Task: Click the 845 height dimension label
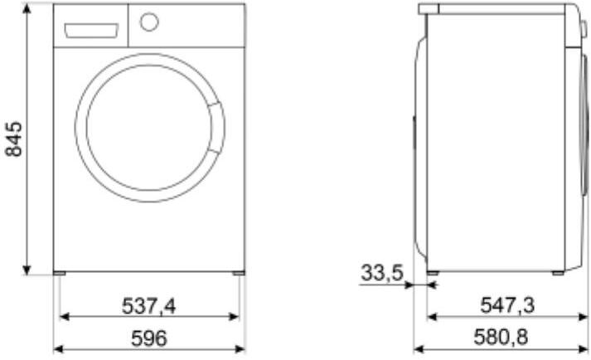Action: pyautogui.click(x=13, y=139)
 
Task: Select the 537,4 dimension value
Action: pyautogui.click(x=149, y=305)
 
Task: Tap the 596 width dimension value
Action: pyautogui.click(x=149, y=338)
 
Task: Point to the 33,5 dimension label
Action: pyautogui.click(x=382, y=272)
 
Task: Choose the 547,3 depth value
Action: pyautogui.click(x=507, y=305)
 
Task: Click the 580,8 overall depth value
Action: pyautogui.click(x=501, y=337)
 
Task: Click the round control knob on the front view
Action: pyautogui.click(x=149, y=22)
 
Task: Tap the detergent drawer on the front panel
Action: pyautogui.click(x=91, y=31)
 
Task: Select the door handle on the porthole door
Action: pyautogui.click(x=216, y=128)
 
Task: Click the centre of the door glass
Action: pyautogui.click(x=149, y=128)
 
